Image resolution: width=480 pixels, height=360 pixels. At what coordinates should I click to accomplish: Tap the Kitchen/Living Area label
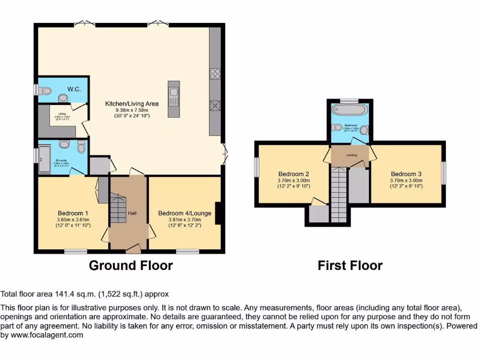[x=131, y=104]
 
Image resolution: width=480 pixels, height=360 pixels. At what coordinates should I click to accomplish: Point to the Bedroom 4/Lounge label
[x=185, y=213]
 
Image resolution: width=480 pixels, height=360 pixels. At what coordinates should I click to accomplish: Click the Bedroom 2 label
[x=293, y=173]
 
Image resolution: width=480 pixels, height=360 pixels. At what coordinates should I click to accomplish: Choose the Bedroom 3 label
[x=406, y=173]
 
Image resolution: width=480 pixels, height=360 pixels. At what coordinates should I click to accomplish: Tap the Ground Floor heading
[x=131, y=265]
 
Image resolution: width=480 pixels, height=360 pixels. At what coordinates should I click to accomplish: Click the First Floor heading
[x=350, y=265]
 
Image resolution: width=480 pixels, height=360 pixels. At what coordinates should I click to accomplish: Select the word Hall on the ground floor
[x=132, y=213]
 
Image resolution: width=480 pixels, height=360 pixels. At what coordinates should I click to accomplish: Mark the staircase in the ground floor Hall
[x=119, y=209]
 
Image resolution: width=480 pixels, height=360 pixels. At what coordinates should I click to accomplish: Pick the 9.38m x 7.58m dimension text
[x=131, y=110]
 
